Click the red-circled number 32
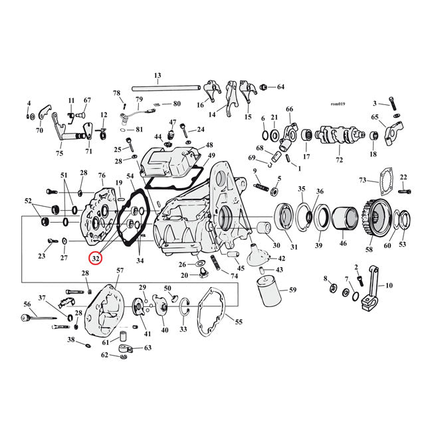click(96, 258)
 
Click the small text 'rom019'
click(339, 103)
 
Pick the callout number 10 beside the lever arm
click(388, 286)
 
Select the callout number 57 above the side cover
click(120, 270)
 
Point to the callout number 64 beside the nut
click(280, 87)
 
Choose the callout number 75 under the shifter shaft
click(59, 153)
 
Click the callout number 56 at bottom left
click(27, 304)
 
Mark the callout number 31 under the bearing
click(294, 247)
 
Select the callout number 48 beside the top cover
click(209, 146)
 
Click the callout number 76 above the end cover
click(102, 175)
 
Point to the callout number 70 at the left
click(39, 130)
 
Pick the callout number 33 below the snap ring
click(183, 329)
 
